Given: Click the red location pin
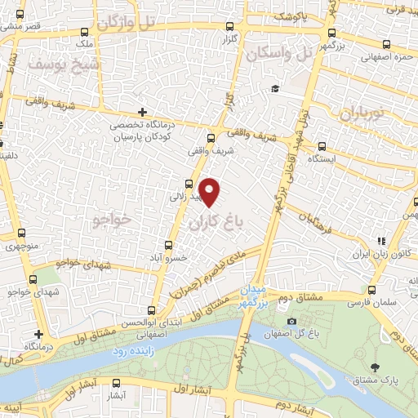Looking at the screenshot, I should pyautogui.click(x=211, y=192).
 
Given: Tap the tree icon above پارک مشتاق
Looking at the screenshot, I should pyautogui.click(x=375, y=368).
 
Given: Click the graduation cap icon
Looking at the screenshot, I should pyautogui.click(x=276, y=88).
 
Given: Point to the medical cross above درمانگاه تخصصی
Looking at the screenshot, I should pyautogui.click(x=143, y=112).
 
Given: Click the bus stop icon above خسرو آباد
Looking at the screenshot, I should pyautogui.click(x=170, y=244).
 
